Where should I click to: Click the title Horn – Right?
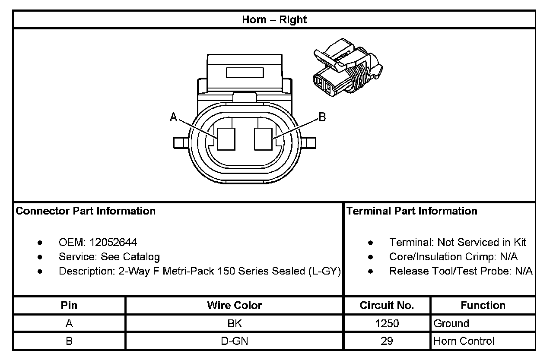pos(274,20)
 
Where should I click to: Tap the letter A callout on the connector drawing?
pos(174,117)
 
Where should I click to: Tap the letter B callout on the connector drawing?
pos(322,117)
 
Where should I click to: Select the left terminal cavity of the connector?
pos(226,139)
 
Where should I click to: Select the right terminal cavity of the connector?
pos(263,139)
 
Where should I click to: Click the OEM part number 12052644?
pos(113,243)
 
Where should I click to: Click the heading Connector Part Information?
pos(86,211)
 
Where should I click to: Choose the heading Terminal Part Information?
pos(412,211)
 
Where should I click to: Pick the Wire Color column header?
pos(235,306)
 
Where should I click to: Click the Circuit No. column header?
pos(387,306)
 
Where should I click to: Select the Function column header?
pos(483,306)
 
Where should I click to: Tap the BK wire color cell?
pos(235,323)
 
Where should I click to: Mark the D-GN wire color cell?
pos(235,341)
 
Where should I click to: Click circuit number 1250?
pos(387,323)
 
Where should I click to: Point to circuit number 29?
pos(387,341)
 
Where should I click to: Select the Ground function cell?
pos(451,323)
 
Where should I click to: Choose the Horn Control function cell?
pos(464,341)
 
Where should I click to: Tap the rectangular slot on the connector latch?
pos(245,72)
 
